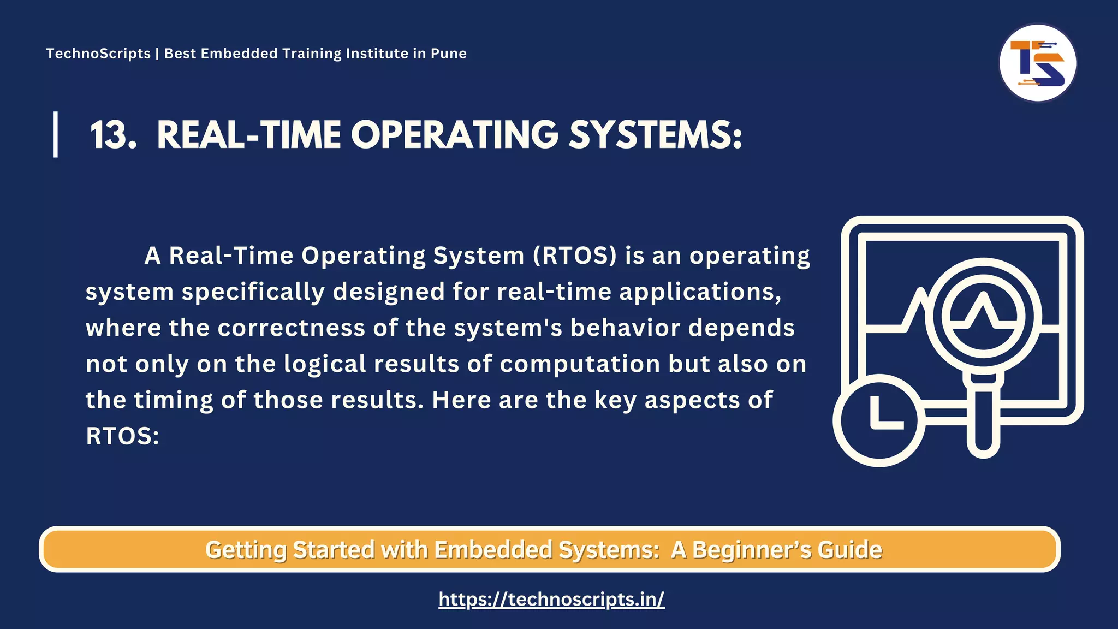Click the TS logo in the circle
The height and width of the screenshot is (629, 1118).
(1037, 63)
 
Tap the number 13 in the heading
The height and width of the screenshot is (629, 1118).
(112, 135)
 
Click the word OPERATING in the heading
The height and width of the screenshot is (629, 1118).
(454, 135)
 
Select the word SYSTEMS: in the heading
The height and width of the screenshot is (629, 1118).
(655, 135)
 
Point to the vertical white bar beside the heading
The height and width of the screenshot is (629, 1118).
(56, 134)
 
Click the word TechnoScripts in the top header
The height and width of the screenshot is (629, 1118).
(98, 54)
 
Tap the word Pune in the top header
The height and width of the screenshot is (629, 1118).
(449, 54)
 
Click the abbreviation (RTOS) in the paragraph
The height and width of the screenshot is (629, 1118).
(575, 256)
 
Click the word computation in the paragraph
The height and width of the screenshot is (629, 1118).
(580, 364)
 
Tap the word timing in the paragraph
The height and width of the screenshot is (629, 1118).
(173, 400)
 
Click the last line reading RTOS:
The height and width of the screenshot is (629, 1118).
(122, 436)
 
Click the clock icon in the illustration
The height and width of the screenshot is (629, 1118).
(879, 420)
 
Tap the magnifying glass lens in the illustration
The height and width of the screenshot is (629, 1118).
(983, 316)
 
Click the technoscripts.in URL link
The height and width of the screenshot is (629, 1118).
(551, 599)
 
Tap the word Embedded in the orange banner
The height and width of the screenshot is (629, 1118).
(493, 550)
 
